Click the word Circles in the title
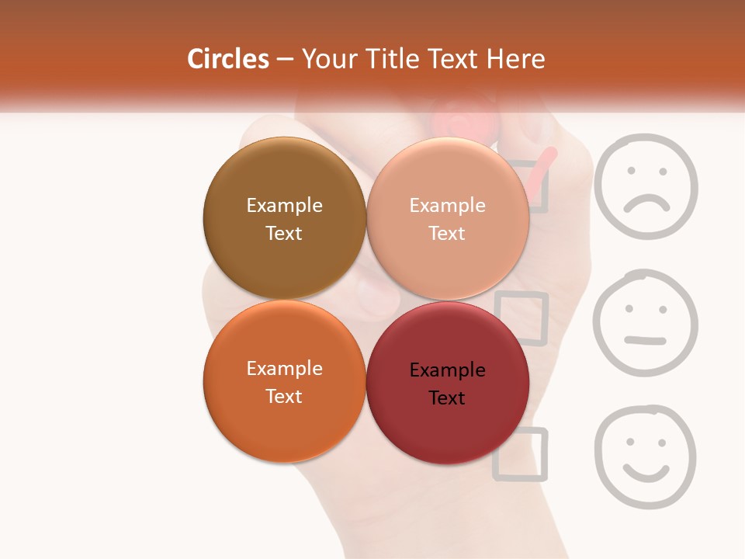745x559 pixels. point(228,59)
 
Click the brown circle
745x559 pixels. point(284,218)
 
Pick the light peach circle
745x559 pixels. point(448,218)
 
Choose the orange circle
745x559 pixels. point(284,381)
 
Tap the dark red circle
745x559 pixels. point(448,383)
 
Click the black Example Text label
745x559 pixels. point(447,384)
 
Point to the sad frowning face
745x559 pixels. point(646,186)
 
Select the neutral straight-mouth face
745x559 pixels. point(646,323)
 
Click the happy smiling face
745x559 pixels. point(646,457)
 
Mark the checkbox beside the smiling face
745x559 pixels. point(520,453)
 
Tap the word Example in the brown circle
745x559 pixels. point(284,205)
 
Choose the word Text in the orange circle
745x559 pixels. point(284,396)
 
